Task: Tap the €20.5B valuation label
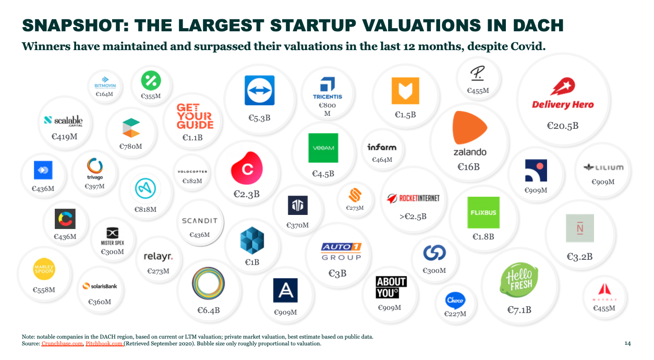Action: (562, 126)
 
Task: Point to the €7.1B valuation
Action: (519, 310)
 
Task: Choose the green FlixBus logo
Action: (483, 212)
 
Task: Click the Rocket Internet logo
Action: (413, 198)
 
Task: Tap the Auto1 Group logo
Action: (341, 251)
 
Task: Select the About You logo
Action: (391, 287)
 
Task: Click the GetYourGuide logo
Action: (195, 116)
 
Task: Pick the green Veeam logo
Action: (323, 148)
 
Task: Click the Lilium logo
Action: (603, 167)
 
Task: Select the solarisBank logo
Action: (99, 286)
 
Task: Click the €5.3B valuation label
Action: (259, 118)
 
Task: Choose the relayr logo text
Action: (158, 256)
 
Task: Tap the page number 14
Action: (627, 343)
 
